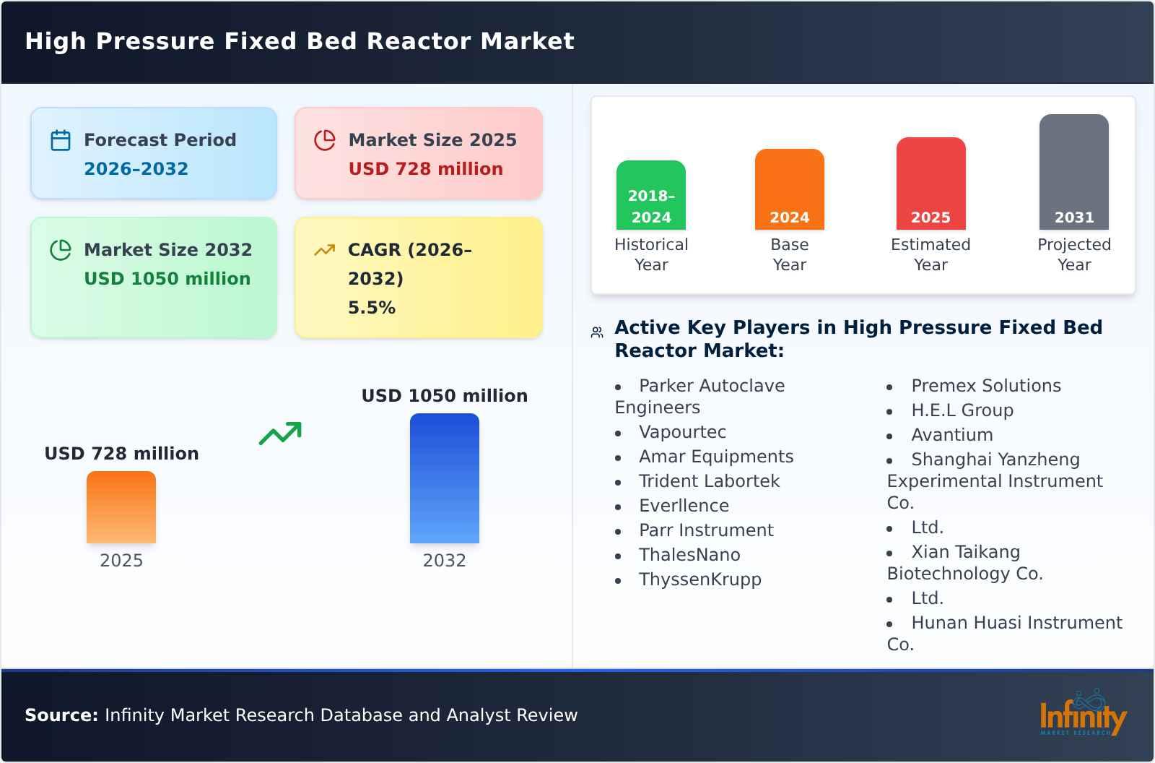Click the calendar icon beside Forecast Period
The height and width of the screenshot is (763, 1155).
coord(61,140)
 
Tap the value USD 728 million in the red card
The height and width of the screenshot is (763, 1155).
coord(425,169)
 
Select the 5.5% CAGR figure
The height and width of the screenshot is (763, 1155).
coord(371,308)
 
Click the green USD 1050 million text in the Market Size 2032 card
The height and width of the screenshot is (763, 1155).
coord(167,279)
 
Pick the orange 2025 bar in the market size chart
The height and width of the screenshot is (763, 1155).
coord(121,507)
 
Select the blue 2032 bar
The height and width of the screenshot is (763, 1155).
coord(444,478)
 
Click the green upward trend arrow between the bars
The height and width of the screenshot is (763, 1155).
coord(280,434)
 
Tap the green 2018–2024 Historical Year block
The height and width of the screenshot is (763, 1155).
coord(650,195)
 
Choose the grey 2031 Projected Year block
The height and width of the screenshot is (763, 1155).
coord(1073,172)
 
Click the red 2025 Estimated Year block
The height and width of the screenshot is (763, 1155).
coord(930,184)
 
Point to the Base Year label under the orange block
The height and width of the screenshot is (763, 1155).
coord(789,254)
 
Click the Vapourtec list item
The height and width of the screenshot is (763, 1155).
coord(682,432)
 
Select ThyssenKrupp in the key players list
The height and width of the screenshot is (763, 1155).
coord(699,579)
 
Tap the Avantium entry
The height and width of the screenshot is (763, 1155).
coord(951,435)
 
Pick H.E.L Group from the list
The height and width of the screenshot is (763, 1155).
coord(962,410)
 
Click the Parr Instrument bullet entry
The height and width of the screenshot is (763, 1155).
coord(705,530)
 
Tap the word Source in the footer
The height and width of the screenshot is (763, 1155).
coord(61,715)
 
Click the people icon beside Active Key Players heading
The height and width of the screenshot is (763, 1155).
coord(597,332)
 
